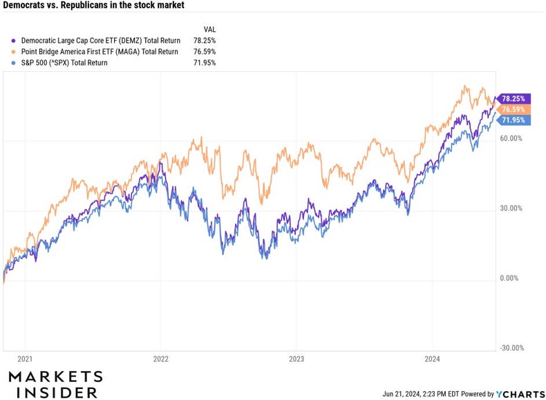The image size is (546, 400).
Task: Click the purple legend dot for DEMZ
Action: [x=6, y=41]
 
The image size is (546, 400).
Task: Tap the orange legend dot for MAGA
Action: [x=6, y=52]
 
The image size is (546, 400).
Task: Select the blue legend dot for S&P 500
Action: [x=6, y=63]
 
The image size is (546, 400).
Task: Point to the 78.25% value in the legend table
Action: [x=205, y=41]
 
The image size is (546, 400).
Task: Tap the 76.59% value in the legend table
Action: [x=205, y=52]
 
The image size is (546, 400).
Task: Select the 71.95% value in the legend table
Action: [x=205, y=63]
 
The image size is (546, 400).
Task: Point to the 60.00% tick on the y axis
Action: [x=512, y=138]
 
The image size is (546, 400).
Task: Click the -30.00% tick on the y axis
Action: [x=512, y=348]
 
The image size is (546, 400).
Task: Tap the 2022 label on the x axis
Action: [x=160, y=359]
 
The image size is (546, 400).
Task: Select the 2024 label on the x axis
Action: [x=431, y=359]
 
